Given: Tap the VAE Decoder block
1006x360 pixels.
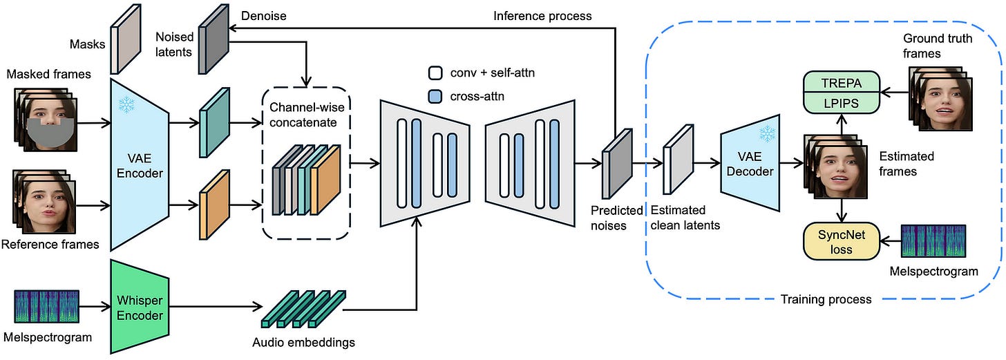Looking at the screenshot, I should pos(750,164).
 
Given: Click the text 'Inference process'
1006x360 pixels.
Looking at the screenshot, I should pos(542,15).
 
